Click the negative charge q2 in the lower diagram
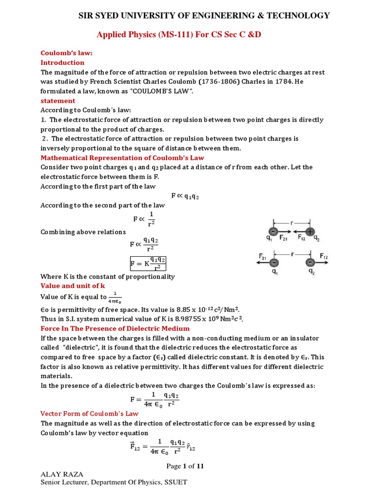310,262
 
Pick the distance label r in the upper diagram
292,223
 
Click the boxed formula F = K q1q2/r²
148,263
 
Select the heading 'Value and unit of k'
72,286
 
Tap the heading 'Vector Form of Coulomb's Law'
89,413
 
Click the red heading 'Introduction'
62,63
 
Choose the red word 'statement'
58,101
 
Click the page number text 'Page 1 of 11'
185,466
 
